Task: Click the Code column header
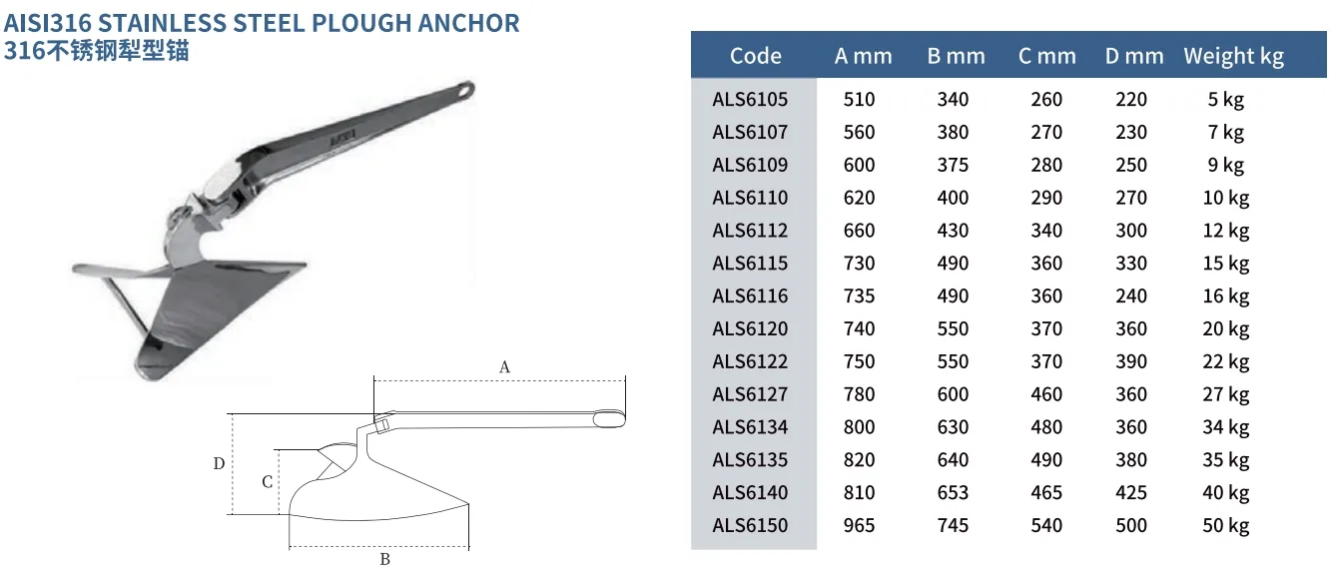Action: [x=755, y=56]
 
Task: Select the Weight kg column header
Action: [x=1233, y=56]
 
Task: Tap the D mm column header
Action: [x=1134, y=56]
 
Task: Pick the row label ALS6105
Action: [x=750, y=99]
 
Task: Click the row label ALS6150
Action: [x=750, y=525]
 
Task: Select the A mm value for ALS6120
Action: [x=859, y=328]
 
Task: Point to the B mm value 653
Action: [x=953, y=492]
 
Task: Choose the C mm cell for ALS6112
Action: [x=1046, y=231]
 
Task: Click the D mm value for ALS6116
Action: [x=1131, y=295]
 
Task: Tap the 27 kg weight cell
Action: [x=1225, y=394]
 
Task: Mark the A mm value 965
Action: [x=859, y=525]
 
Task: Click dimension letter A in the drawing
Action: [x=504, y=367]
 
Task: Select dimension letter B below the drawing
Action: [x=384, y=560]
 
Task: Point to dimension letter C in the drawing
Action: [x=267, y=482]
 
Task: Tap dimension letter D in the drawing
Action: [x=219, y=463]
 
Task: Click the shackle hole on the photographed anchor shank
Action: [x=465, y=90]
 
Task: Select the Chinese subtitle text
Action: [x=96, y=50]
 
